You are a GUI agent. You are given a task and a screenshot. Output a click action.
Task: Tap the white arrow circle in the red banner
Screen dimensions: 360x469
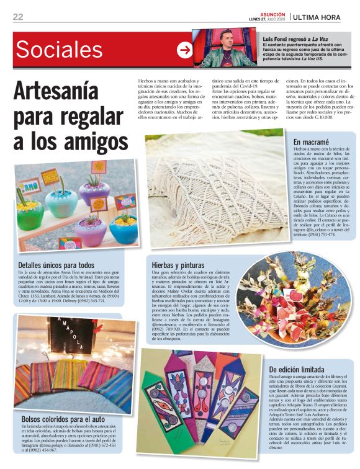[x=184, y=49]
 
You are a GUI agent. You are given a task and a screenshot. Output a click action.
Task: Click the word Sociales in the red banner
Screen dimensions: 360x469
[x=60, y=49]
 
